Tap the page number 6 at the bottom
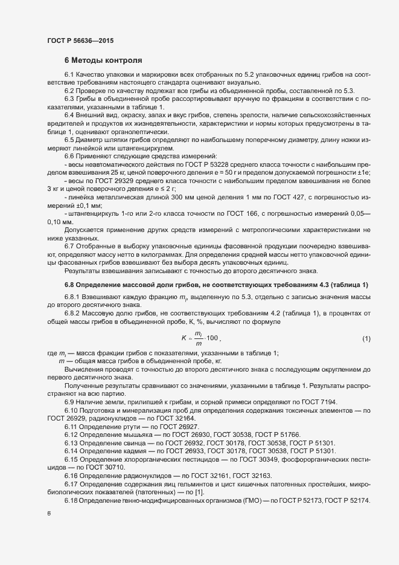pyautogui.click(x=49, y=512)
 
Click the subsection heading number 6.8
pyautogui.click(x=71, y=268)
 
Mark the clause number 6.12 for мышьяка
pyautogui.click(x=71, y=435)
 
